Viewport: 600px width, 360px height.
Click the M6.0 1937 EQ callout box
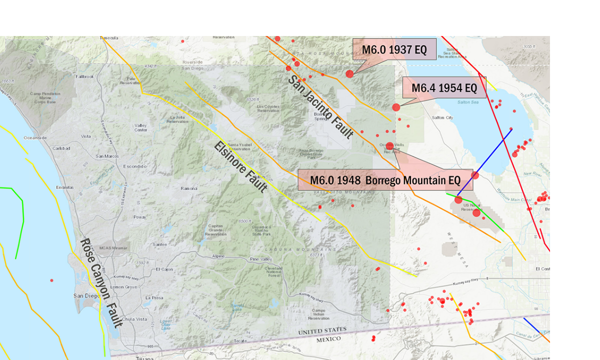394,50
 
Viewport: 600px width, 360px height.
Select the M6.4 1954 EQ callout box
444,87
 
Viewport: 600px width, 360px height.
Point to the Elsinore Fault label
240,167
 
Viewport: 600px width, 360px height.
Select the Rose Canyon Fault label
100,283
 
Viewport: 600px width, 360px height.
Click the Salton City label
442,117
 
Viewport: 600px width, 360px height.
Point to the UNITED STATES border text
322,331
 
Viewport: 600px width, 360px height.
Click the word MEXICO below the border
328,339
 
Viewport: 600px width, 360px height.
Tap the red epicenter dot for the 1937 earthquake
349,74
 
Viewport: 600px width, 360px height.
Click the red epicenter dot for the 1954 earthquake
396,107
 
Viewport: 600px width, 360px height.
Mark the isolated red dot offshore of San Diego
51,280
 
